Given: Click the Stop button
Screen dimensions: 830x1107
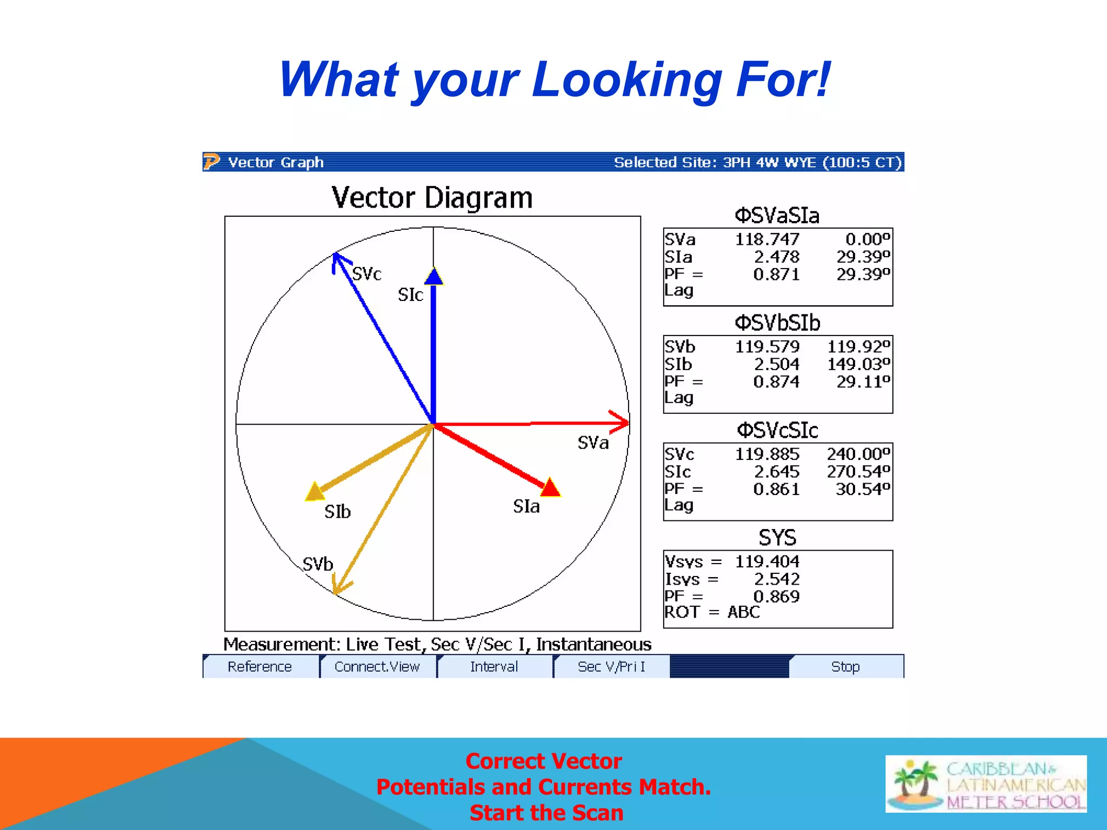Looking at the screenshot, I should (x=845, y=667).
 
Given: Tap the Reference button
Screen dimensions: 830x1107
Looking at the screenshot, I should (x=259, y=667).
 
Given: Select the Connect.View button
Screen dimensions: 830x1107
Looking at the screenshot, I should (x=377, y=667).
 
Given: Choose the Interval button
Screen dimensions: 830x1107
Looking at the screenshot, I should (x=494, y=667).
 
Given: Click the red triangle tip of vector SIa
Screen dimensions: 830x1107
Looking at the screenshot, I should (x=550, y=487).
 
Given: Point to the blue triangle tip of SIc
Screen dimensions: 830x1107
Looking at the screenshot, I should (x=434, y=276).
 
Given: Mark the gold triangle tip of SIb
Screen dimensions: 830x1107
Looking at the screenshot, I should (x=315, y=491).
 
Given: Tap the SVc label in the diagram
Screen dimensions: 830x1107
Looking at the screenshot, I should (x=366, y=274).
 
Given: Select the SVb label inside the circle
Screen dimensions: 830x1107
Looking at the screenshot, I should (x=318, y=564).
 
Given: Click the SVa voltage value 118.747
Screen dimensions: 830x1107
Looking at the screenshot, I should (x=766, y=239).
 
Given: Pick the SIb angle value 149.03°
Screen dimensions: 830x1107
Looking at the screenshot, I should (x=858, y=364).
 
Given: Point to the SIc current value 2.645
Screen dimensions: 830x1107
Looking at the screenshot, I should (x=776, y=472).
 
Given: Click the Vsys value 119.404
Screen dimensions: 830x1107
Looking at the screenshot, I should (x=766, y=561).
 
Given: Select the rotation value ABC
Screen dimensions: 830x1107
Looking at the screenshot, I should (x=743, y=612).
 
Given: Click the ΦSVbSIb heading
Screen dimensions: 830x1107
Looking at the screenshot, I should (x=777, y=323).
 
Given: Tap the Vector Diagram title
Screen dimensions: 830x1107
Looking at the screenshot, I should (x=432, y=198).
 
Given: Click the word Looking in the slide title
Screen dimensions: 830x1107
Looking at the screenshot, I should (x=627, y=80).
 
